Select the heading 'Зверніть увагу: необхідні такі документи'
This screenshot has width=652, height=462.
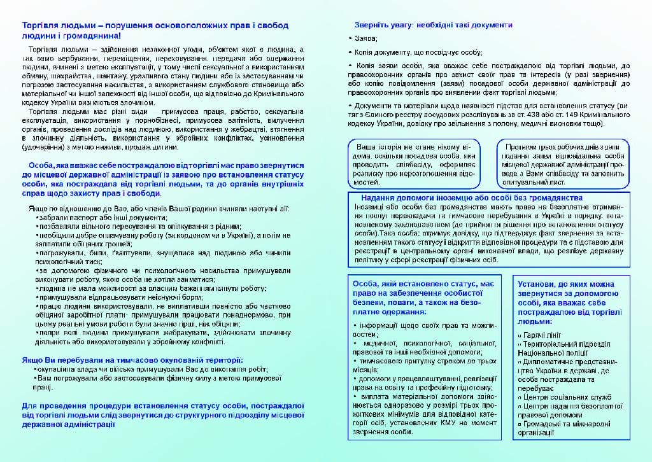point(433,25)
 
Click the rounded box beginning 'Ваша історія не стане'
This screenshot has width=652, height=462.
point(415,164)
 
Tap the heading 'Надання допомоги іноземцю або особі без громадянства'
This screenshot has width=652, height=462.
point(472,198)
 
